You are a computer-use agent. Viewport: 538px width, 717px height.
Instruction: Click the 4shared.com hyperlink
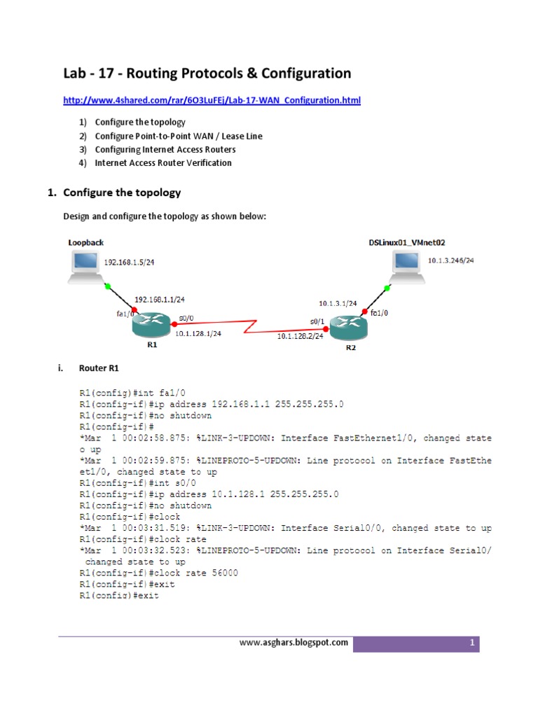tap(212, 101)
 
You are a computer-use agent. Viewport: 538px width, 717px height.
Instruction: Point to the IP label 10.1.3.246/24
tap(450, 260)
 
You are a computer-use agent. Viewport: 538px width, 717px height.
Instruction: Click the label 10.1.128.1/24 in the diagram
tap(198, 333)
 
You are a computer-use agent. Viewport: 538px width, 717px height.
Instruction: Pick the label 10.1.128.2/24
tap(300, 336)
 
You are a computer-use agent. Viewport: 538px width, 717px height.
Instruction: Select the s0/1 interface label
tap(317, 321)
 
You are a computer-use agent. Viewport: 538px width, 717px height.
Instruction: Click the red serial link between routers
tap(248, 326)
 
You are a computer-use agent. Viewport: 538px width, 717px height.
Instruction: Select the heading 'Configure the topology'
tap(122, 192)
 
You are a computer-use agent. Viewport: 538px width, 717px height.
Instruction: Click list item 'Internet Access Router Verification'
tap(163, 162)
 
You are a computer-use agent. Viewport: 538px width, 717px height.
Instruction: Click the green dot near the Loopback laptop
tap(107, 286)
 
